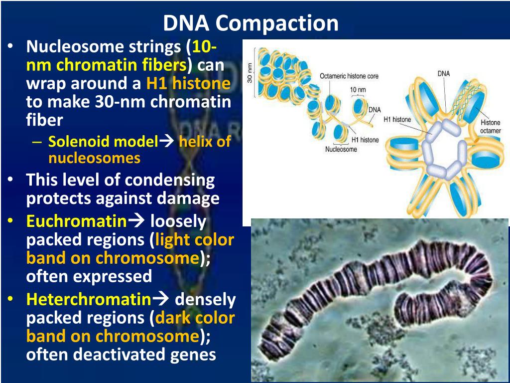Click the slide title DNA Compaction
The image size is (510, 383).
(x=251, y=23)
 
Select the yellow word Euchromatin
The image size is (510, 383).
(x=76, y=221)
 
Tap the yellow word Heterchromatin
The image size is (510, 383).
(x=88, y=299)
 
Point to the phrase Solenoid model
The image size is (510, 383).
(x=103, y=142)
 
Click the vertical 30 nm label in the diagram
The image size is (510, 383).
(x=250, y=73)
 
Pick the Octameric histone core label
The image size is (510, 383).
(x=349, y=76)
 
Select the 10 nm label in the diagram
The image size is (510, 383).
(x=358, y=90)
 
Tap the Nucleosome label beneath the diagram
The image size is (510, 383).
(x=341, y=149)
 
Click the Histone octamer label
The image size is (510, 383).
(x=491, y=127)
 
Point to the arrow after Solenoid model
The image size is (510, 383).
(x=165, y=142)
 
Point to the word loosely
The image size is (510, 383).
(x=178, y=221)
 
